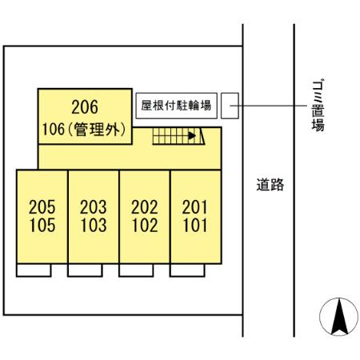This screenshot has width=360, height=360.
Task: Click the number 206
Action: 85,107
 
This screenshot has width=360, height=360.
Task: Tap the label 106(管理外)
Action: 84,129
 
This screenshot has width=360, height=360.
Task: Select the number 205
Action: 42,207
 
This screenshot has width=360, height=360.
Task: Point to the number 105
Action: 42,225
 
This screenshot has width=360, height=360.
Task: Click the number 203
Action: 93,207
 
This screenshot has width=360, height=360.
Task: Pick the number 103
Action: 94,225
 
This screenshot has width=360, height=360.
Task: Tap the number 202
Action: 144,207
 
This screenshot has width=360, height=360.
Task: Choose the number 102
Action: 145,225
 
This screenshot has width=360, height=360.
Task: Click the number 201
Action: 194,207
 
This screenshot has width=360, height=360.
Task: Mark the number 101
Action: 195,225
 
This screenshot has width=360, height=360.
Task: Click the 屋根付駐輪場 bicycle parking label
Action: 176,106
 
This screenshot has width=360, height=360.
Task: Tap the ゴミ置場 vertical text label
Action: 318,106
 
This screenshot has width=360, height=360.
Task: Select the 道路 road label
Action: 270,185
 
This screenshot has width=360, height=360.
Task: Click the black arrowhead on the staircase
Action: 192,136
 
